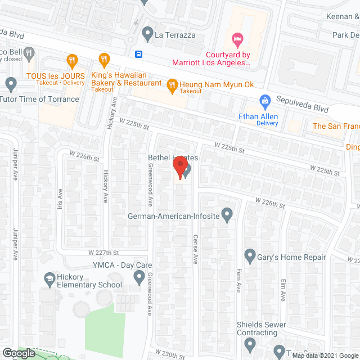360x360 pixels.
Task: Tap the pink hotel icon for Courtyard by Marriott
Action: click(x=237, y=39)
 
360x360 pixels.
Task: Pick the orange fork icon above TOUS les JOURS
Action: click(x=72, y=60)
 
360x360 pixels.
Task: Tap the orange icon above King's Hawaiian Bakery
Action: click(x=103, y=59)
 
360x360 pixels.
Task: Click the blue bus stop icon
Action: click(x=139, y=55)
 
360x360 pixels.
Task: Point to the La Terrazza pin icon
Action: click(x=147, y=35)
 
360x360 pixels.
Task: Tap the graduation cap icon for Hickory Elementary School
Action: click(x=49, y=278)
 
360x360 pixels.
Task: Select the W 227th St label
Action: click(x=103, y=253)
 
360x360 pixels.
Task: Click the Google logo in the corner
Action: click(x=18, y=353)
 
